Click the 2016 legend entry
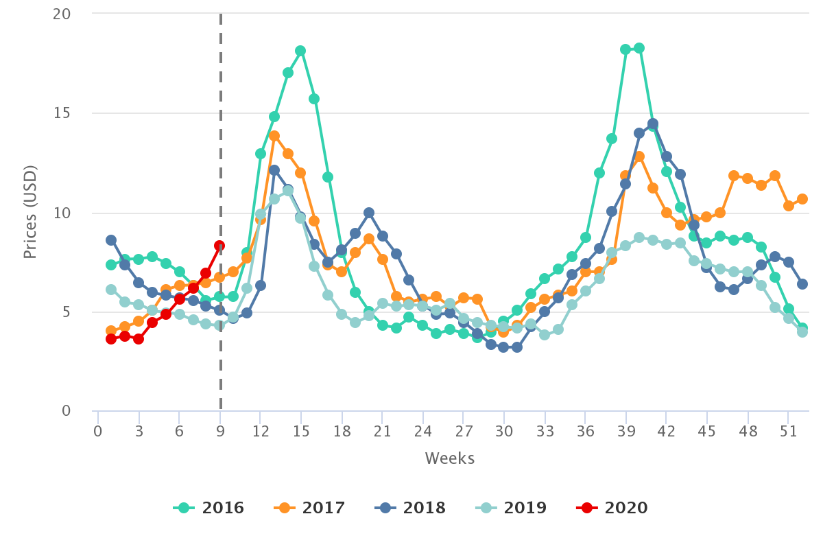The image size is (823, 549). click(209, 508)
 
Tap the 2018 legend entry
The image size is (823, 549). click(411, 508)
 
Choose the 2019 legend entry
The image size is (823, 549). click(512, 508)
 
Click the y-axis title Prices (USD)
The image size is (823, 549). click(29, 212)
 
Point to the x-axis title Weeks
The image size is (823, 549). click(449, 458)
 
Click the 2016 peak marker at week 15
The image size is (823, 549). click(300, 51)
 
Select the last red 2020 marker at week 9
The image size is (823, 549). click(219, 246)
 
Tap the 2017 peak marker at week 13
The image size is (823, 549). click(274, 136)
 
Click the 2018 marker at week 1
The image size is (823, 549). click(111, 240)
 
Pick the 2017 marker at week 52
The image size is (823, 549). click(802, 199)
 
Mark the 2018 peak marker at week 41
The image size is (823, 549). click(653, 124)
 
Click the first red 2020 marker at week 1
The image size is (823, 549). click(111, 339)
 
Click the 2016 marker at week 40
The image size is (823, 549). click(639, 48)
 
